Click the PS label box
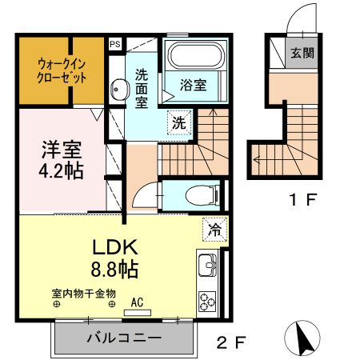[x=115, y=45]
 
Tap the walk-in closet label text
[x=62, y=70]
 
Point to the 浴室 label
[x=193, y=84]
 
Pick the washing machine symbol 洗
[x=180, y=122]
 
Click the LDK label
[x=121, y=246]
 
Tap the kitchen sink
[x=206, y=265]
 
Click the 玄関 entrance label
[x=302, y=54]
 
